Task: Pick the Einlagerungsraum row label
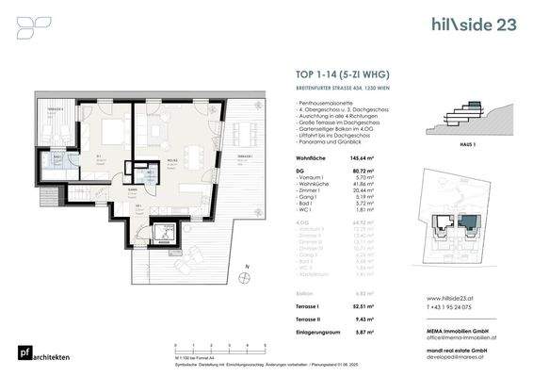318,332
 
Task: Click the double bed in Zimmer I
114,135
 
